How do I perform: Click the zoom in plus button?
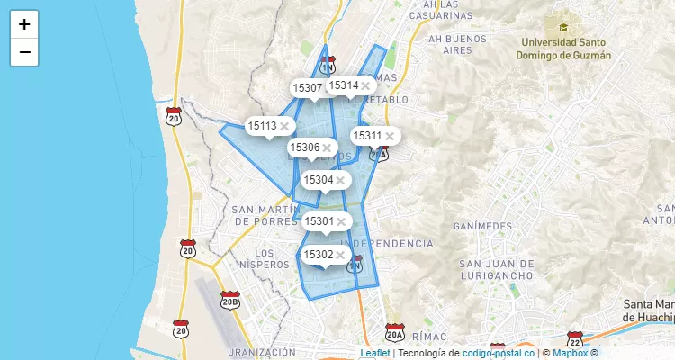pyautogui.click(x=24, y=24)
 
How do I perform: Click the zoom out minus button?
pyautogui.click(x=24, y=52)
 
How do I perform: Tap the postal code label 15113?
pyautogui.click(x=262, y=126)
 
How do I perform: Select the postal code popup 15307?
pyautogui.click(x=307, y=88)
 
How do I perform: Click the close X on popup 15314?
pyautogui.click(x=365, y=86)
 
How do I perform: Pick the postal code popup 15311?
pyautogui.click(x=367, y=136)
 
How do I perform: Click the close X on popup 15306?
pyautogui.click(x=328, y=148)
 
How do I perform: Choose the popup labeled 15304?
pyautogui.click(x=319, y=180)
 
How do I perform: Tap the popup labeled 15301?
pyautogui.click(x=319, y=221)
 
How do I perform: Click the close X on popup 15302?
pyautogui.click(x=341, y=255)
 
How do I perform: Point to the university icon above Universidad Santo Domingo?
pyautogui.click(x=563, y=27)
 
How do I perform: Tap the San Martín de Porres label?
pyautogui.click(x=265, y=215)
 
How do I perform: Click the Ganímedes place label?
pyautogui.click(x=482, y=226)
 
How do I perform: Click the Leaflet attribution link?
pyautogui.click(x=375, y=353)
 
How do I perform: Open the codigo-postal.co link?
pyautogui.click(x=499, y=353)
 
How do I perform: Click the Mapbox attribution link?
pyautogui.click(x=570, y=353)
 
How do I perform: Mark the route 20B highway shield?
pyautogui.click(x=229, y=300)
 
